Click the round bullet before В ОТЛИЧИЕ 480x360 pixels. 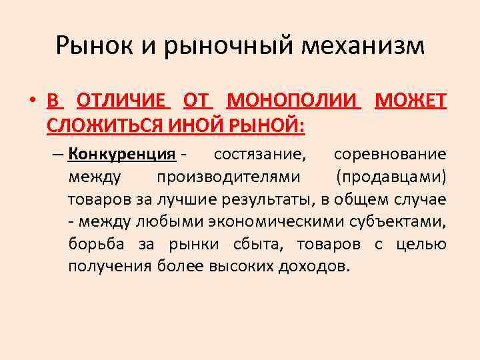pos(32,102)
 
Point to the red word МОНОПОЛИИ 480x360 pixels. pos(294,101)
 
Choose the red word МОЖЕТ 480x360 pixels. pos(411,101)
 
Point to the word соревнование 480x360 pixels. pos(390,155)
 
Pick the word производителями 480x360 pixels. pos(228,177)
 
